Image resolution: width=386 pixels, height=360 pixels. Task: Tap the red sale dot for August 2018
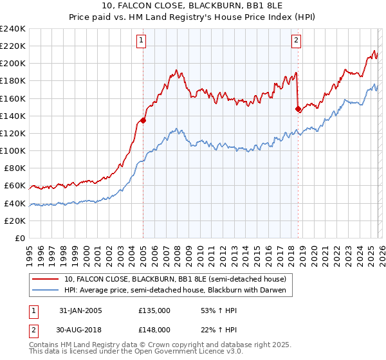pyautogui.click(x=298, y=109)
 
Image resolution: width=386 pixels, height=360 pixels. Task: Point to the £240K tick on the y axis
pyautogui.click(x=13, y=29)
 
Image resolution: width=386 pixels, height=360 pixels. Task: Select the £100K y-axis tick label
pyautogui.click(x=13, y=151)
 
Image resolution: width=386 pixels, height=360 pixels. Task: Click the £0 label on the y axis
pyautogui.click(x=19, y=238)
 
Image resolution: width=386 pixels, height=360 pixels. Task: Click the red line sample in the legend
pyautogui.click(x=46, y=279)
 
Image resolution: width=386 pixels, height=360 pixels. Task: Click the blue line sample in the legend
pyautogui.click(x=46, y=291)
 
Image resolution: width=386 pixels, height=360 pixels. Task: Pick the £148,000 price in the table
pyautogui.click(x=154, y=329)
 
